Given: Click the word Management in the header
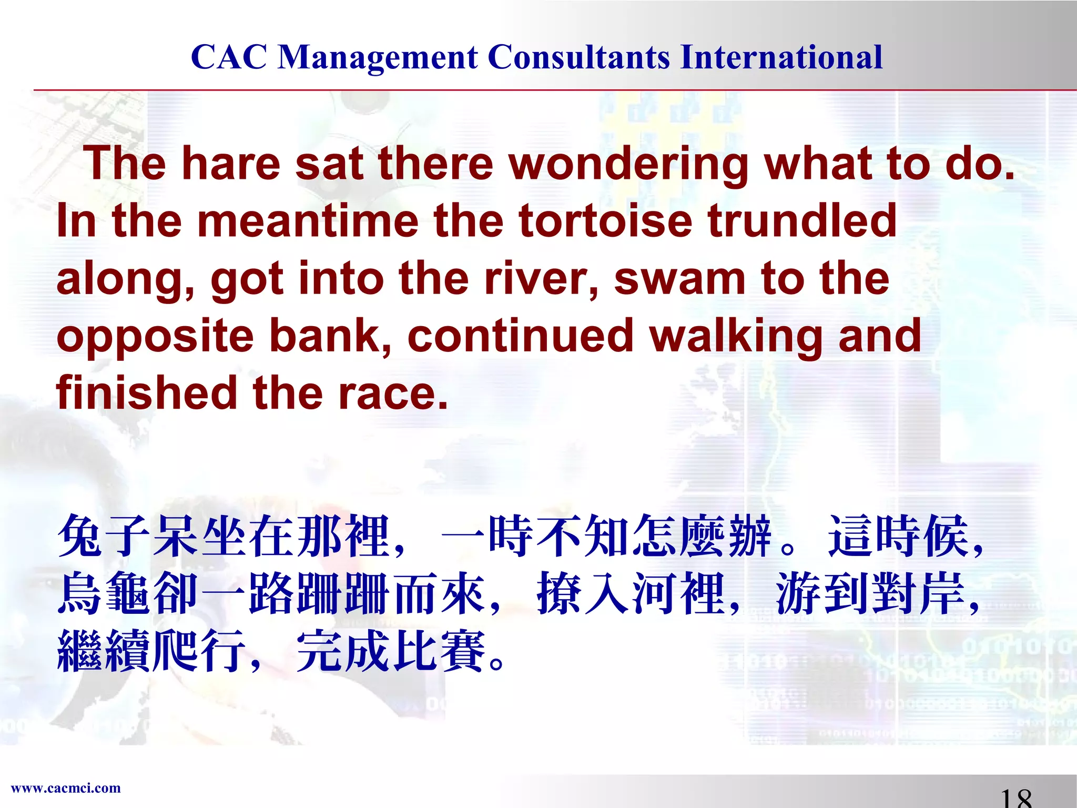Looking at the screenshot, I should tap(378, 58).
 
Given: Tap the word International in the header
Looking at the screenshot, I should tap(781, 57).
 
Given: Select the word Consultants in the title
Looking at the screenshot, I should tap(578, 57).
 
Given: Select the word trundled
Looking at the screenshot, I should tap(802, 221).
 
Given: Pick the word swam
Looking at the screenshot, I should tap(679, 278).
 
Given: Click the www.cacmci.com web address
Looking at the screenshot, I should tap(66, 788).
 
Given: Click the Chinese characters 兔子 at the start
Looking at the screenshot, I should tap(104, 536).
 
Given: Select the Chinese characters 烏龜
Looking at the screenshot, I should tap(104, 593).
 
